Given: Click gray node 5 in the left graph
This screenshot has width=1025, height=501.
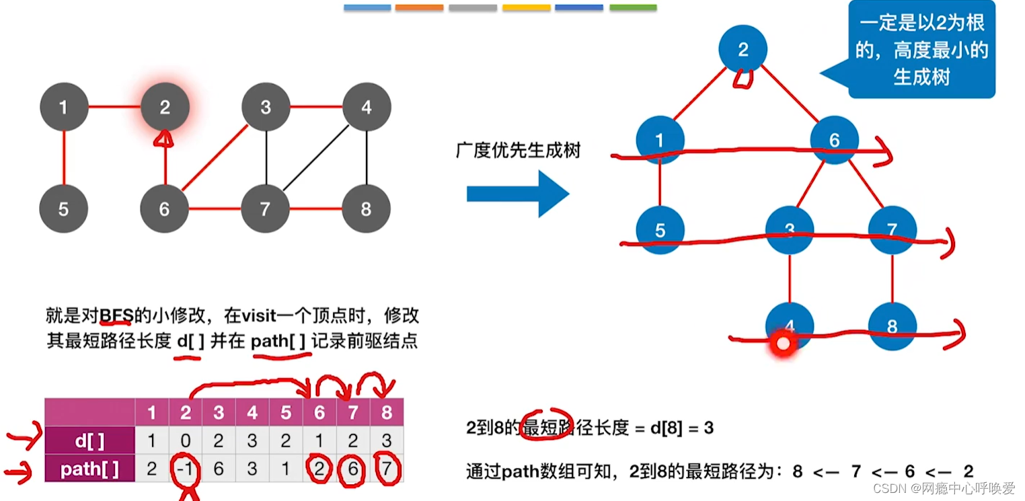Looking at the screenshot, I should [63, 209].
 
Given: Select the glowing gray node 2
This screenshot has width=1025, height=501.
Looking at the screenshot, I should [165, 107].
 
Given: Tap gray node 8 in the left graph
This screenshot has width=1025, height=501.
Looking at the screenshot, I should [366, 209].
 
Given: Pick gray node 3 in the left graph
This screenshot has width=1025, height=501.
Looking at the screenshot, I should [266, 107].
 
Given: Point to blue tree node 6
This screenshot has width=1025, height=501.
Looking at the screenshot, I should [834, 140].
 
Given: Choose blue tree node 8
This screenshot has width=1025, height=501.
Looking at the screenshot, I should [892, 327].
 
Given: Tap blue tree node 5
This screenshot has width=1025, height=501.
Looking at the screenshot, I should [660, 231].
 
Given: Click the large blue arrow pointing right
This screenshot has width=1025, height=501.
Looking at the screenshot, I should [518, 194].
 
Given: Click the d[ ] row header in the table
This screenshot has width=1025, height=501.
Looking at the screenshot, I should [89, 440].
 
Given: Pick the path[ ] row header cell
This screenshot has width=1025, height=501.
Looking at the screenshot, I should [89, 469].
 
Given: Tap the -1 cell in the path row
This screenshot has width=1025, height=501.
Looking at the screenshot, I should [185, 469].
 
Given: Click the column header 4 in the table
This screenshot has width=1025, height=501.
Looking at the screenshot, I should [252, 412].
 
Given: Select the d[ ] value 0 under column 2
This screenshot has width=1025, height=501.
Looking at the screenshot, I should [185, 440].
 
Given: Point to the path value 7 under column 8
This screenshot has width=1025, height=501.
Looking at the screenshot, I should [386, 469].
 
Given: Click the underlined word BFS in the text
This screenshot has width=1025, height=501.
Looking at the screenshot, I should [115, 315].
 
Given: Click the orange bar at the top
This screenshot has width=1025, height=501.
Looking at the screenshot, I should [419, 7].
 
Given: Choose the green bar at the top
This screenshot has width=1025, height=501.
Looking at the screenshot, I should [633, 7].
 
